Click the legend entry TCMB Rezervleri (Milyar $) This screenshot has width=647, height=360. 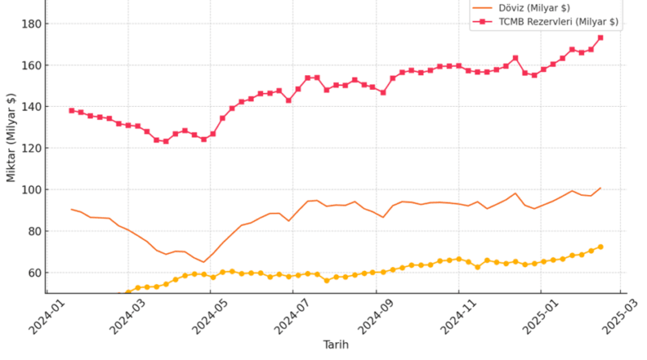pos(557,22)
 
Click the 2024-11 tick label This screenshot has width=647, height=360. pos(457,316)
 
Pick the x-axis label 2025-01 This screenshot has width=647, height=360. pos(540,316)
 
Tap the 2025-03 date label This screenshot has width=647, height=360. pos(621,316)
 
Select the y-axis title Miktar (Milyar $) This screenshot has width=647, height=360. pos(11,137)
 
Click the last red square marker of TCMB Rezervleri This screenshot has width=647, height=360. pos(600,37)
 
